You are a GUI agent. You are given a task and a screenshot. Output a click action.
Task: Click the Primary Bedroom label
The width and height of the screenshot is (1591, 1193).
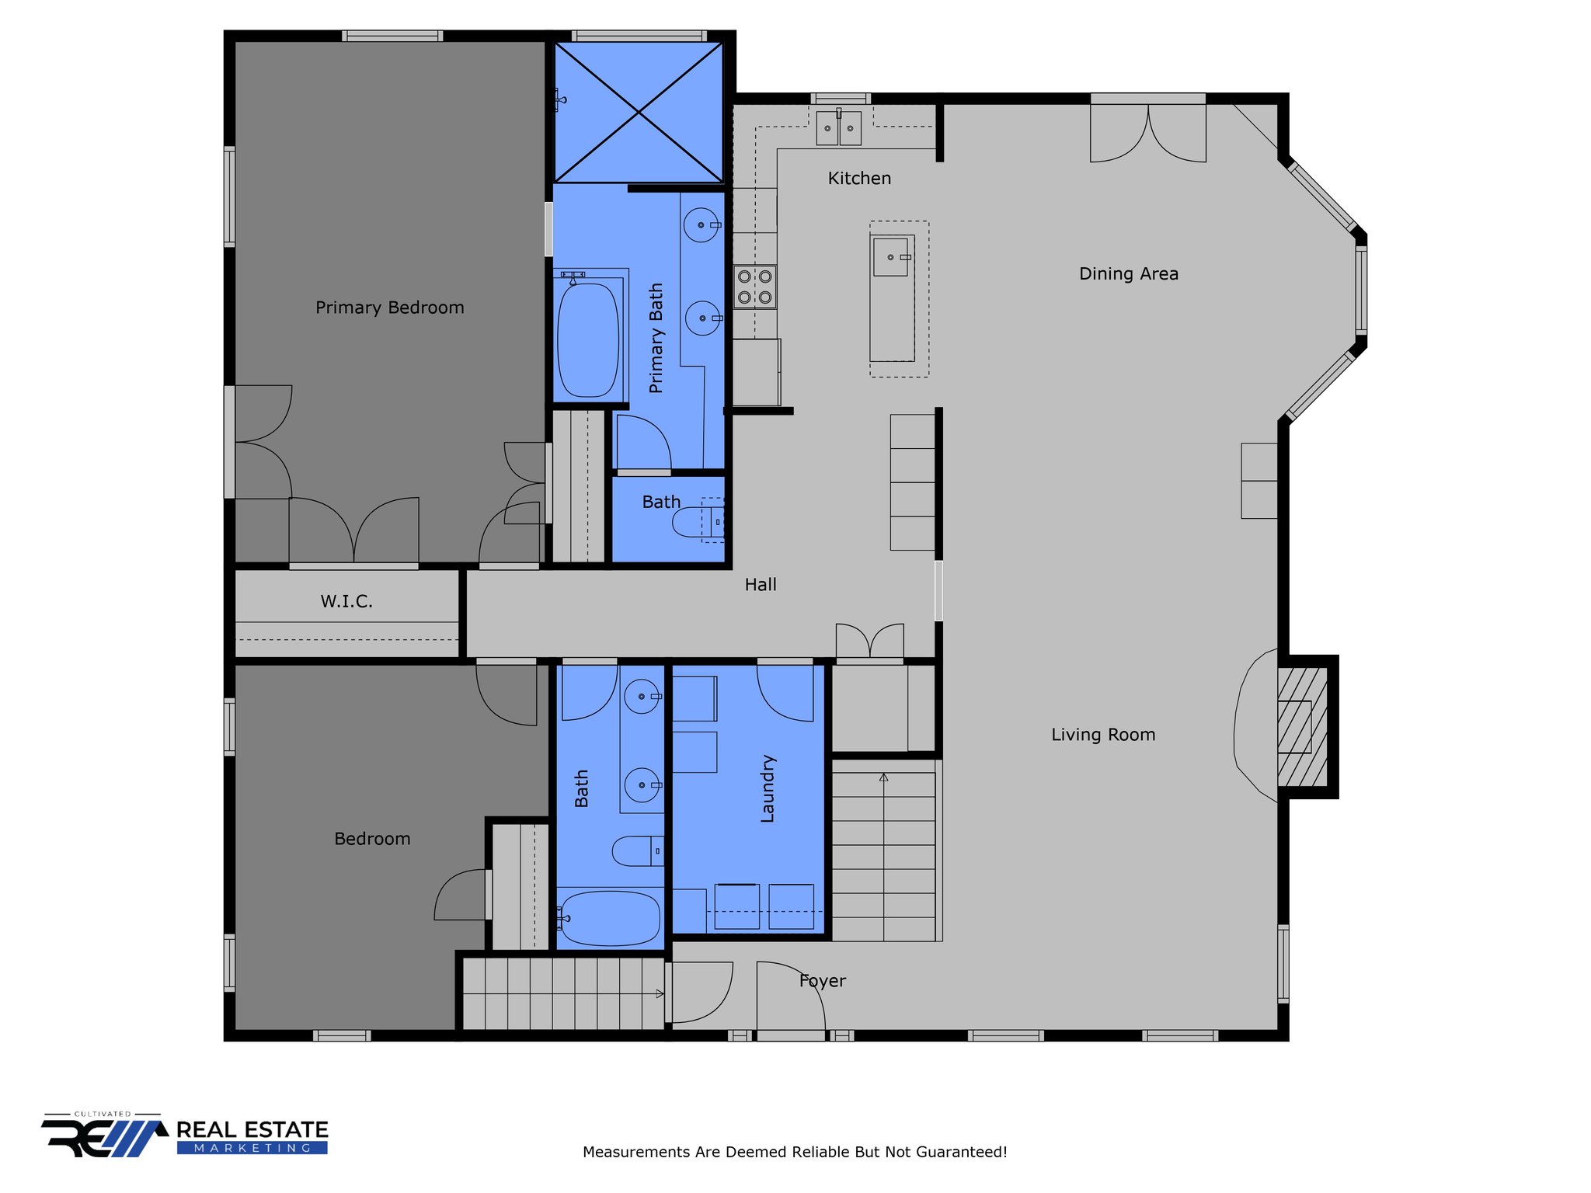tap(389, 308)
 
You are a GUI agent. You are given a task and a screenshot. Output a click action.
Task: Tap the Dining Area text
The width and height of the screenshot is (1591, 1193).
tap(1128, 273)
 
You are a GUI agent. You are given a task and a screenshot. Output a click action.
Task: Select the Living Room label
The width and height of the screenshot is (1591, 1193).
tap(1103, 735)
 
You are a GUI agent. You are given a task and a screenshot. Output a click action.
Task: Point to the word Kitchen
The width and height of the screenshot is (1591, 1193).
tap(859, 179)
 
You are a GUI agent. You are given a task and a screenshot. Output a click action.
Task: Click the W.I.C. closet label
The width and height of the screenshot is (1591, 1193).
tap(346, 601)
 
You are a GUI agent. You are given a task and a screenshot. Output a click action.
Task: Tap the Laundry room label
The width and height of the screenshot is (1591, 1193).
tap(768, 788)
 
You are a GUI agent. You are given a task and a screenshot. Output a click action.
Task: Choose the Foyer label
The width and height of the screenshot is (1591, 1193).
tap(822, 981)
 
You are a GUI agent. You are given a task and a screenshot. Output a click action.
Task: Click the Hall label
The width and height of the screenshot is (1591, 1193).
tap(761, 585)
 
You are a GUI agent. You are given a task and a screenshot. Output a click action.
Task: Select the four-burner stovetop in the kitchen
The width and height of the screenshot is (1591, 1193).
tap(754, 287)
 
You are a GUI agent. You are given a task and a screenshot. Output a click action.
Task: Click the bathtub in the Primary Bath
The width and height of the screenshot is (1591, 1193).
tap(588, 339)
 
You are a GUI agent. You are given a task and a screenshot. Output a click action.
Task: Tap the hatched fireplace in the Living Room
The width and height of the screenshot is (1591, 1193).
tap(1303, 727)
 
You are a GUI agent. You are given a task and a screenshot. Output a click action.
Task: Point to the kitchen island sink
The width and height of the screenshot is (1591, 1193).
tap(891, 257)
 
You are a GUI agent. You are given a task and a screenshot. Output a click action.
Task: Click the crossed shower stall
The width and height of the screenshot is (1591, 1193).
tap(638, 113)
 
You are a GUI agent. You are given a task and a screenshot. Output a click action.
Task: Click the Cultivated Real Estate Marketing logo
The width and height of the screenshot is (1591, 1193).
tap(185, 1135)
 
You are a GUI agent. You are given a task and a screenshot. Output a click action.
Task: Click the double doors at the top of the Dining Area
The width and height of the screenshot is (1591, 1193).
tap(1148, 133)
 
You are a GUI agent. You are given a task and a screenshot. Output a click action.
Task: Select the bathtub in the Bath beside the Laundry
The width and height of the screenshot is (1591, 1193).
tap(610, 918)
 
